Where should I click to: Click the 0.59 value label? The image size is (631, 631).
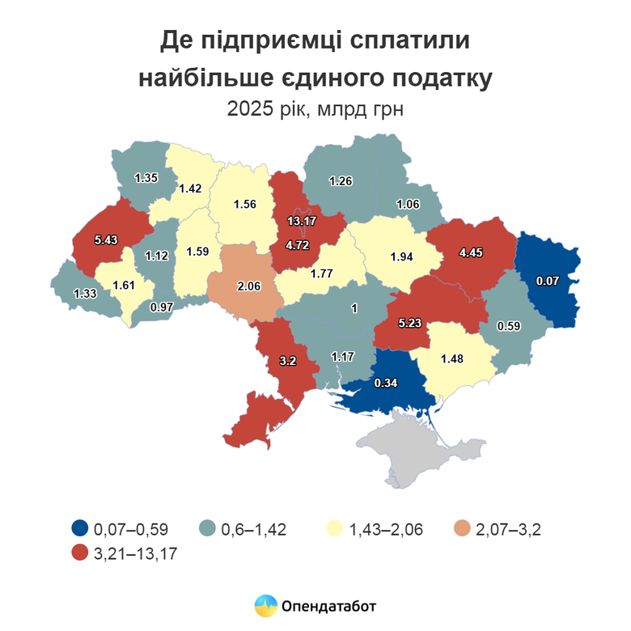tap(508, 326)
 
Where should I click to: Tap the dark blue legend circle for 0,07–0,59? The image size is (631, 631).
tap(78, 530)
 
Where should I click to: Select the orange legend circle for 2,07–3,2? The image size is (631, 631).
tap(461, 530)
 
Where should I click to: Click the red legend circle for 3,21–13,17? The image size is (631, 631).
tap(78, 554)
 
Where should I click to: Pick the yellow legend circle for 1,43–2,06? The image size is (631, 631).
tap(333, 530)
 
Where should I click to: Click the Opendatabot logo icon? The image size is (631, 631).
tap(265, 604)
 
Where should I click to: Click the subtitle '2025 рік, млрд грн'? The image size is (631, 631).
tap(315, 108)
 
